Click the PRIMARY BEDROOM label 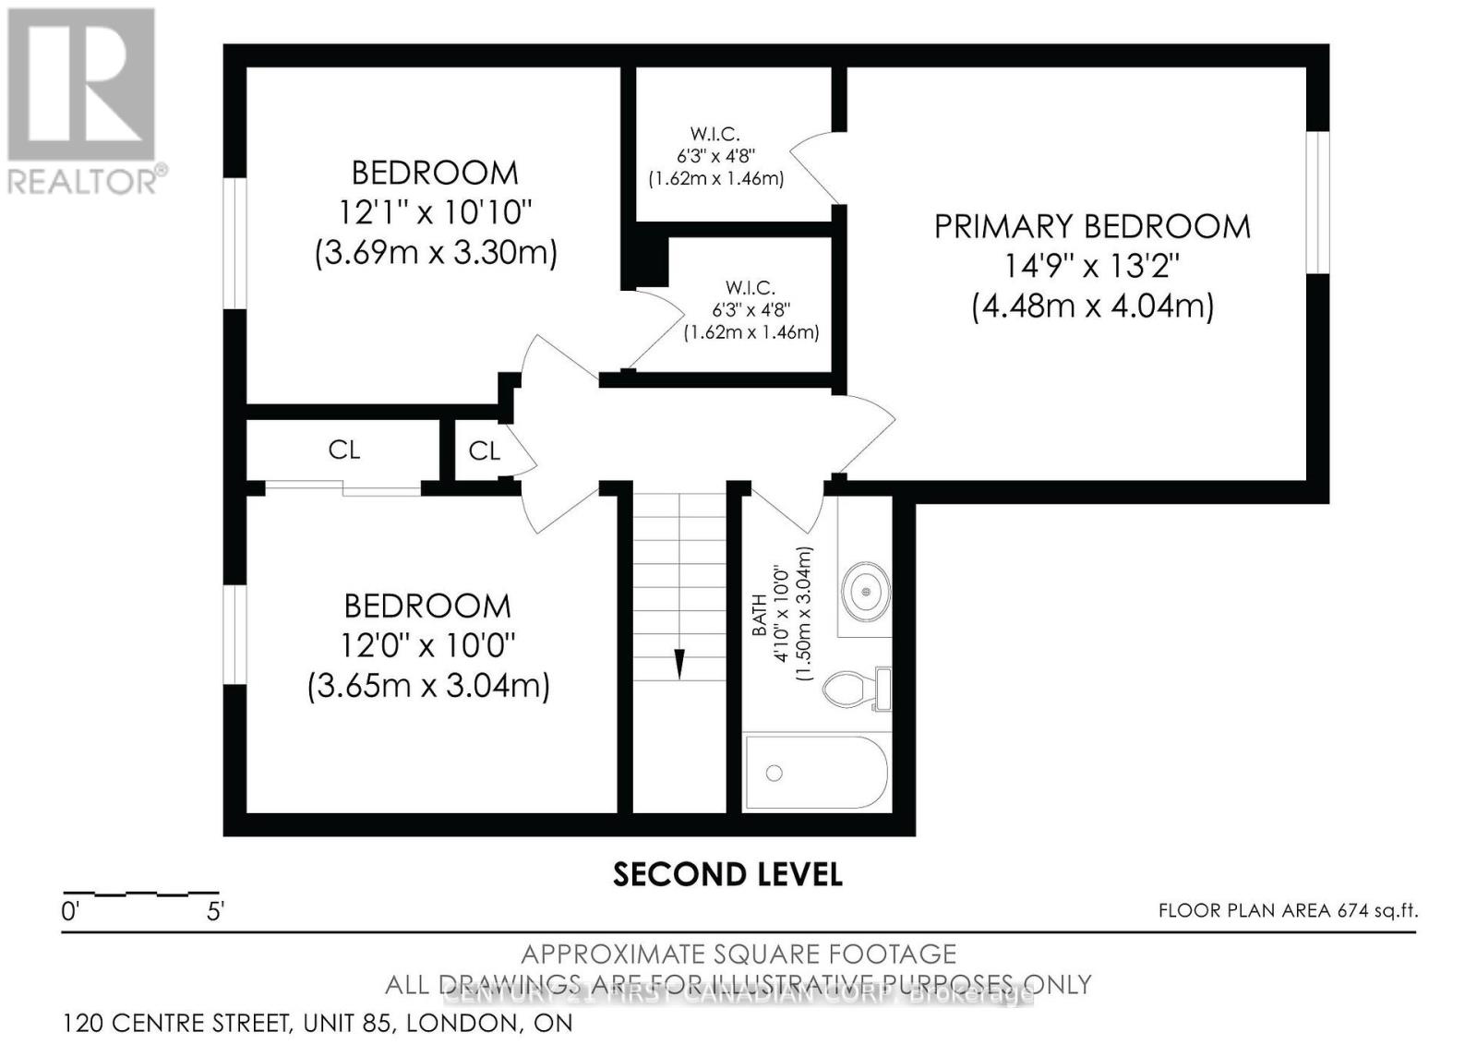(x=1092, y=226)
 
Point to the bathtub (x=816, y=774)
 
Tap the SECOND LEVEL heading (x=727, y=874)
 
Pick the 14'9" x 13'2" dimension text (x=1092, y=267)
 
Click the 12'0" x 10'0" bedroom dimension (x=428, y=645)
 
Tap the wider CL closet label (x=343, y=450)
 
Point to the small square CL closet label (x=484, y=450)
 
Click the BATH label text (x=759, y=615)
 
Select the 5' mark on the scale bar (x=215, y=912)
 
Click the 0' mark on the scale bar (x=70, y=912)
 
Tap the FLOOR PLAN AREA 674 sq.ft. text (x=1288, y=911)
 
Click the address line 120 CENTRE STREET (x=318, y=1023)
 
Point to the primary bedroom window (x=1317, y=203)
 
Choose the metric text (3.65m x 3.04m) (x=428, y=686)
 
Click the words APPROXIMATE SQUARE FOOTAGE (x=738, y=954)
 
